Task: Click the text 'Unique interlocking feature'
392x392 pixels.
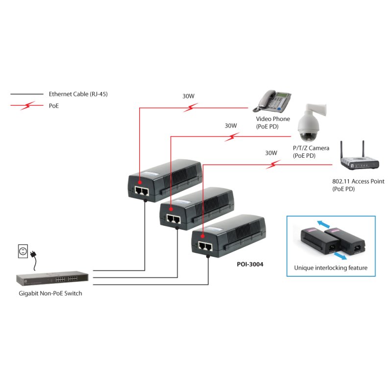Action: [x=331, y=268]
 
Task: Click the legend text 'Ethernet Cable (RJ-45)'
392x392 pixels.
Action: [x=78, y=94]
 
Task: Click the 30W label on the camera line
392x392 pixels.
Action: [x=231, y=125]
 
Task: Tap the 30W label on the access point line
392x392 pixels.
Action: [x=271, y=153]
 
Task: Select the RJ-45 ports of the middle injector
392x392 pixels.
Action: [x=174, y=218]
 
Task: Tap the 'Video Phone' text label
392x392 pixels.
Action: [x=273, y=119]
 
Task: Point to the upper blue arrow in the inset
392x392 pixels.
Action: [x=323, y=223]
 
